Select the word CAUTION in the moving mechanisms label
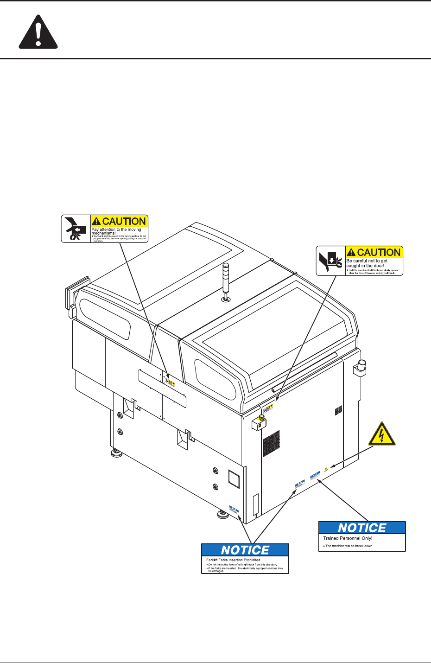[x=124, y=221]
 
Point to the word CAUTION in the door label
[x=379, y=252]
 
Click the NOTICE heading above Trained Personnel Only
[x=362, y=528]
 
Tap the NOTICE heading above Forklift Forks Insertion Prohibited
[x=245, y=550]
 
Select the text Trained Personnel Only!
[x=348, y=538]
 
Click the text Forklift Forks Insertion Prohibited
[x=233, y=560]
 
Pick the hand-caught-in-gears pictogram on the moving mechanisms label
[x=76, y=228]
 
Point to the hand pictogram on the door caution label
[x=330, y=261]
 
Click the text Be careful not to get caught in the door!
[x=367, y=263]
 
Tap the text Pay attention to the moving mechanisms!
[x=116, y=231]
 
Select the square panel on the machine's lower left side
[x=234, y=479]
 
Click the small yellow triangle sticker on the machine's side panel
[x=326, y=469]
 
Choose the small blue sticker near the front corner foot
[x=234, y=510]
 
